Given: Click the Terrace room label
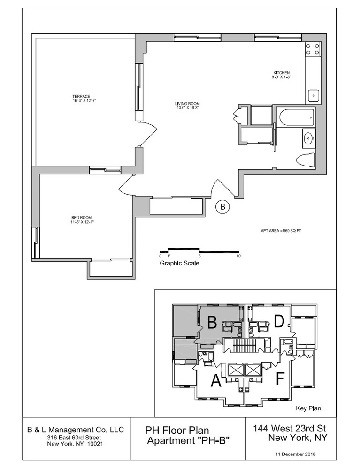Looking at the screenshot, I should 81,98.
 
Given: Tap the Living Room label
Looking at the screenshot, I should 188,106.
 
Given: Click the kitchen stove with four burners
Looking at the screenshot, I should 313,49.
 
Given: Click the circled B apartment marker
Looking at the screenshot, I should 223,206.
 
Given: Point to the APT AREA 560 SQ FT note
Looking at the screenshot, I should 281,231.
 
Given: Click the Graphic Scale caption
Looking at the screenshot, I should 179,264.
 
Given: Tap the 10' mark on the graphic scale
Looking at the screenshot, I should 239,257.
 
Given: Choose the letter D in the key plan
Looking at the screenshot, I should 279,322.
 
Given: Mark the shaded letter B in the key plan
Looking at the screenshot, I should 212,322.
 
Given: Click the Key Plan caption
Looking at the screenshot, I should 308,408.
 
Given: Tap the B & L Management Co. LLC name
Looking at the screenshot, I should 75,429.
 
